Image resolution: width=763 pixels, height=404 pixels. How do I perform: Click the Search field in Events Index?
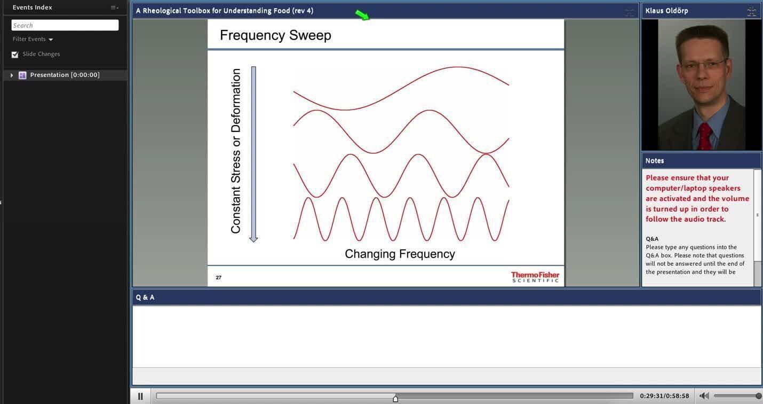tap(65, 25)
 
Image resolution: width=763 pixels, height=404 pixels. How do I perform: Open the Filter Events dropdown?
tap(33, 39)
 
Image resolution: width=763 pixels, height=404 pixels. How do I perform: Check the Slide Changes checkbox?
tap(14, 55)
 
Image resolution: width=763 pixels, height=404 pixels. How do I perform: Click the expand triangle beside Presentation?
tap(12, 75)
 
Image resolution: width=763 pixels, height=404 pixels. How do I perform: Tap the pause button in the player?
tap(140, 396)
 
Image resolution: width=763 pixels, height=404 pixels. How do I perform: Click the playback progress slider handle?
tap(395, 398)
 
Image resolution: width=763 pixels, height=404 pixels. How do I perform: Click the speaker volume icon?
tap(704, 396)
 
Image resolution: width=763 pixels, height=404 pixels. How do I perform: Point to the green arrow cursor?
tap(362, 15)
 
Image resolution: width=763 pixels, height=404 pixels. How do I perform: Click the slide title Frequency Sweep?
tap(275, 35)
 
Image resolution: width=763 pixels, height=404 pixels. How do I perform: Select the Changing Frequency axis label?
tap(400, 254)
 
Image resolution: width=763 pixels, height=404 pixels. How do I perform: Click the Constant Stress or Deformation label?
tap(236, 151)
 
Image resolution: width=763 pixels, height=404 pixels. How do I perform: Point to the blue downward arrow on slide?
tap(253, 154)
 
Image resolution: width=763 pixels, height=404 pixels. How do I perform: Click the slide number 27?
tap(219, 277)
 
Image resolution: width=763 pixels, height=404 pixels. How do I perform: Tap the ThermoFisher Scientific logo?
tap(535, 277)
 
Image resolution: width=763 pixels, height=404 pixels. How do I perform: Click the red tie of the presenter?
tap(704, 136)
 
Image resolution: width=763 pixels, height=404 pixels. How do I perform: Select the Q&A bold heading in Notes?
tap(652, 239)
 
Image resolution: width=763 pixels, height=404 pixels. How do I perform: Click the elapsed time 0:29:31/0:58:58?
tap(664, 396)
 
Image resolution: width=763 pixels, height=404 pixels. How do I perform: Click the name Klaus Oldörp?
tap(666, 11)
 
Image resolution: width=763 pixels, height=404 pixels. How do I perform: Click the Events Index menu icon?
tap(114, 7)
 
